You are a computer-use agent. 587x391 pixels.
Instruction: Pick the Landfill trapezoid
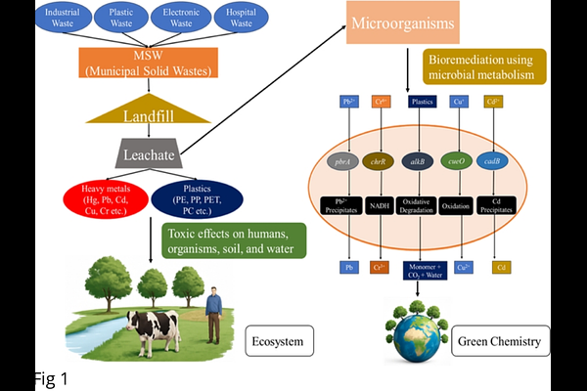click(x=147, y=115)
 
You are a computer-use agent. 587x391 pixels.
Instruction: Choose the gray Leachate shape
click(x=147, y=154)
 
